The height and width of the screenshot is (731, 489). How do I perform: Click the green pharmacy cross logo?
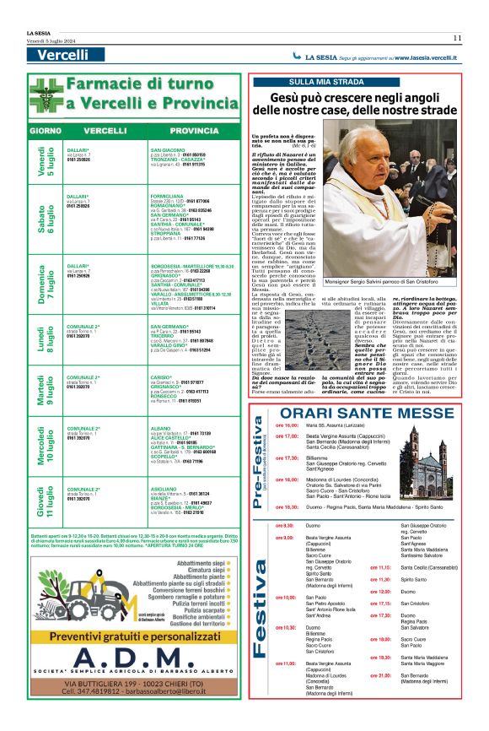click(45, 95)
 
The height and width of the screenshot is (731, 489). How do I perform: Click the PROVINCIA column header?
click(193, 132)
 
